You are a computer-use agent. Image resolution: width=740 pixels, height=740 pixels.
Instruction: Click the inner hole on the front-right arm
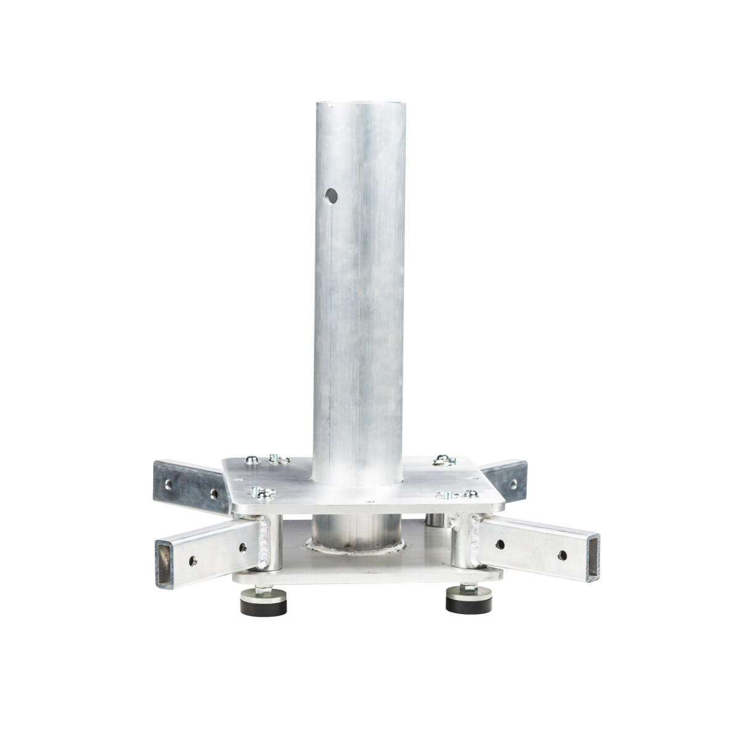[x=500, y=545]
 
